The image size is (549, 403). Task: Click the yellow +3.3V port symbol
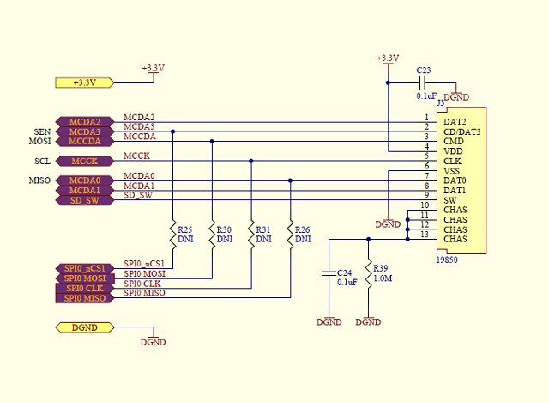point(85,82)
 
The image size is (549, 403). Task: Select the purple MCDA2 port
point(85,122)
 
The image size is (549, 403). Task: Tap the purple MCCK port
point(85,161)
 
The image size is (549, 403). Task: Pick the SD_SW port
point(85,200)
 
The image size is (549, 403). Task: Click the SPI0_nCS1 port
point(85,268)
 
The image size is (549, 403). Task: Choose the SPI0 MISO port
point(85,298)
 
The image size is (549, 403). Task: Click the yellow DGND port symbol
point(85,327)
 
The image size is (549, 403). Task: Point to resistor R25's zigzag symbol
point(173,235)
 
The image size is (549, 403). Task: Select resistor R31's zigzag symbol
point(251,235)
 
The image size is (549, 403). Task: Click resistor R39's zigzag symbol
point(368,273)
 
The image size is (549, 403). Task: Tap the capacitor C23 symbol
point(422,83)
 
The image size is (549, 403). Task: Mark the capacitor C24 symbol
point(329,273)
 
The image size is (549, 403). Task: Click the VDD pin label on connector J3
point(453,151)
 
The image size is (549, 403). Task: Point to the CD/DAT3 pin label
point(462,131)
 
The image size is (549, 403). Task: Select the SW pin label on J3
point(449,200)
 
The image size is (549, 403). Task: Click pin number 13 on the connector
point(425,235)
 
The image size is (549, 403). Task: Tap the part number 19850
point(447,260)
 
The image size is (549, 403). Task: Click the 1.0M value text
point(383,278)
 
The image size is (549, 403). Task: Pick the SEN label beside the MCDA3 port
point(42,131)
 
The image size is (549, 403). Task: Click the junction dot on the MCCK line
point(251,161)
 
